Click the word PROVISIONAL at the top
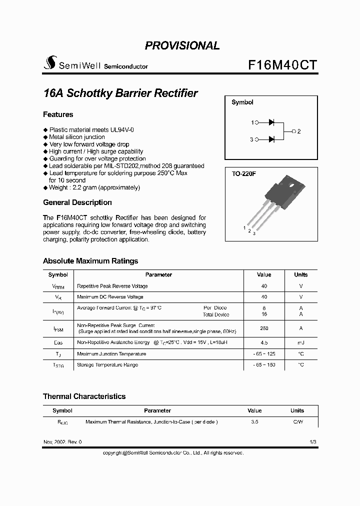click(x=182, y=45)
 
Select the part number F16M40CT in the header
click(x=282, y=64)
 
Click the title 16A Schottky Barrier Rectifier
click(x=120, y=93)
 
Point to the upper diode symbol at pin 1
click(x=272, y=122)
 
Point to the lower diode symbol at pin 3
click(x=272, y=139)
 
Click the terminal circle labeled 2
click(x=293, y=131)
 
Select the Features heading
click(x=58, y=114)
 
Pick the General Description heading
click(x=77, y=202)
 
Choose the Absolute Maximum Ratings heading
click(x=90, y=261)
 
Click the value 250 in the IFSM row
click(x=264, y=328)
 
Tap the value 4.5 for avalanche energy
click(x=264, y=343)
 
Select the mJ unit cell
click(x=300, y=343)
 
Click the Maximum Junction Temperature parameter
click(x=111, y=354)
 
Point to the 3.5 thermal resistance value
click(x=254, y=422)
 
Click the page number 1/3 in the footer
click(x=312, y=442)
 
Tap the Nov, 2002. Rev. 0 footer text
click(x=62, y=442)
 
